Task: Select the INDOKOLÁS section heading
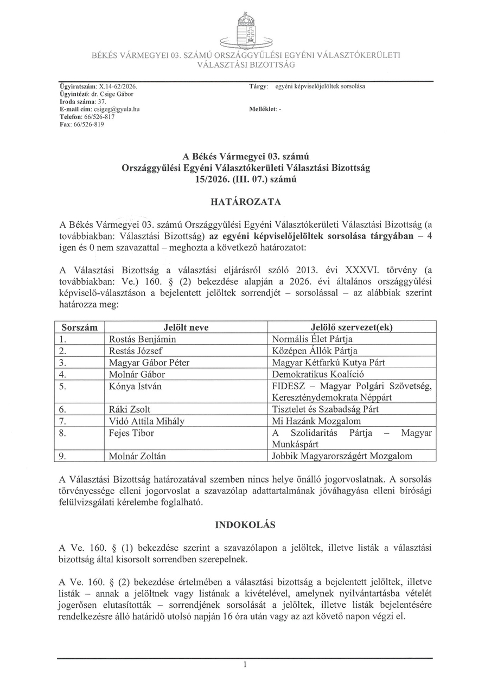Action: coord(245,525)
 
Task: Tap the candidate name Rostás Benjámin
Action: coord(142,339)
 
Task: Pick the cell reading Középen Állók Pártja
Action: coord(315,351)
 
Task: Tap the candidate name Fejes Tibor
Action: coord(131,433)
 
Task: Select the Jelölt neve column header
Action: coord(186,327)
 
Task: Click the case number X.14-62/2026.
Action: coord(118,86)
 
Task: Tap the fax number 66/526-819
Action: coord(89,124)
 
